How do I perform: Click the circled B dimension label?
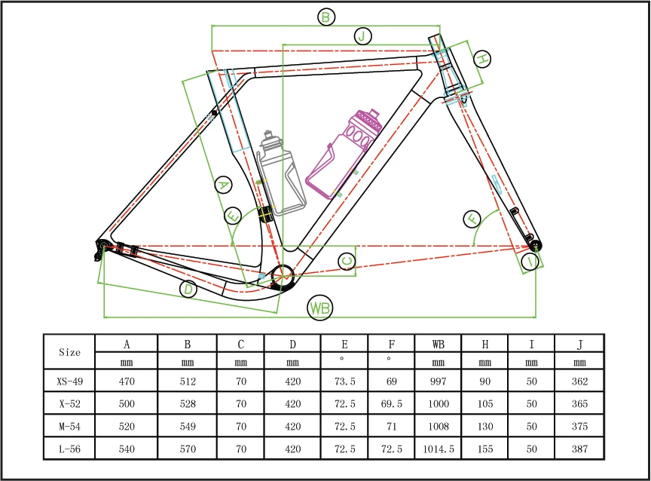tap(325, 17)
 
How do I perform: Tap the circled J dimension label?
tap(362, 36)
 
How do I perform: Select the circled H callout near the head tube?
tap(481, 58)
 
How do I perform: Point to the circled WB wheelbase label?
tap(320, 308)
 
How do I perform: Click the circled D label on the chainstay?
tap(188, 290)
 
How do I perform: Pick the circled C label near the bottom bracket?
tap(347, 261)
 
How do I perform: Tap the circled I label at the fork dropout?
tap(532, 262)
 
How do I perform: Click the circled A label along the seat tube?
tap(222, 185)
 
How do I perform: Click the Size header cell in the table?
tap(69, 351)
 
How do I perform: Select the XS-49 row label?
tap(69, 381)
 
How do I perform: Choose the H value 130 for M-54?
tap(484, 426)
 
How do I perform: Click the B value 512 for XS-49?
tap(187, 381)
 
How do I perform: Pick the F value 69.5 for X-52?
tap(391, 404)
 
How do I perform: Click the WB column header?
tap(438, 345)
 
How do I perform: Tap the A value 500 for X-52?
tap(127, 404)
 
